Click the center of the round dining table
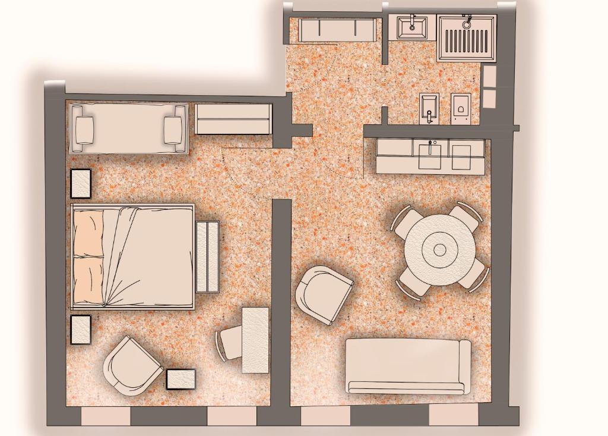click(x=440, y=250)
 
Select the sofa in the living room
click(x=408, y=365)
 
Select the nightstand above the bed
click(x=81, y=183)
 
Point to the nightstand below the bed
click(x=81, y=330)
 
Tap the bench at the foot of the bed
click(x=207, y=256)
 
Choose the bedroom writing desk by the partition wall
click(x=255, y=340)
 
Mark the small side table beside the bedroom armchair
click(x=180, y=379)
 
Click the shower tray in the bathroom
click(x=467, y=39)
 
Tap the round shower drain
click(x=467, y=25)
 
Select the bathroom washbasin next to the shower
click(x=411, y=27)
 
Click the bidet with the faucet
click(x=429, y=109)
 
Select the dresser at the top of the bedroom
click(x=233, y=119)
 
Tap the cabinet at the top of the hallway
click(x=337, y=30)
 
